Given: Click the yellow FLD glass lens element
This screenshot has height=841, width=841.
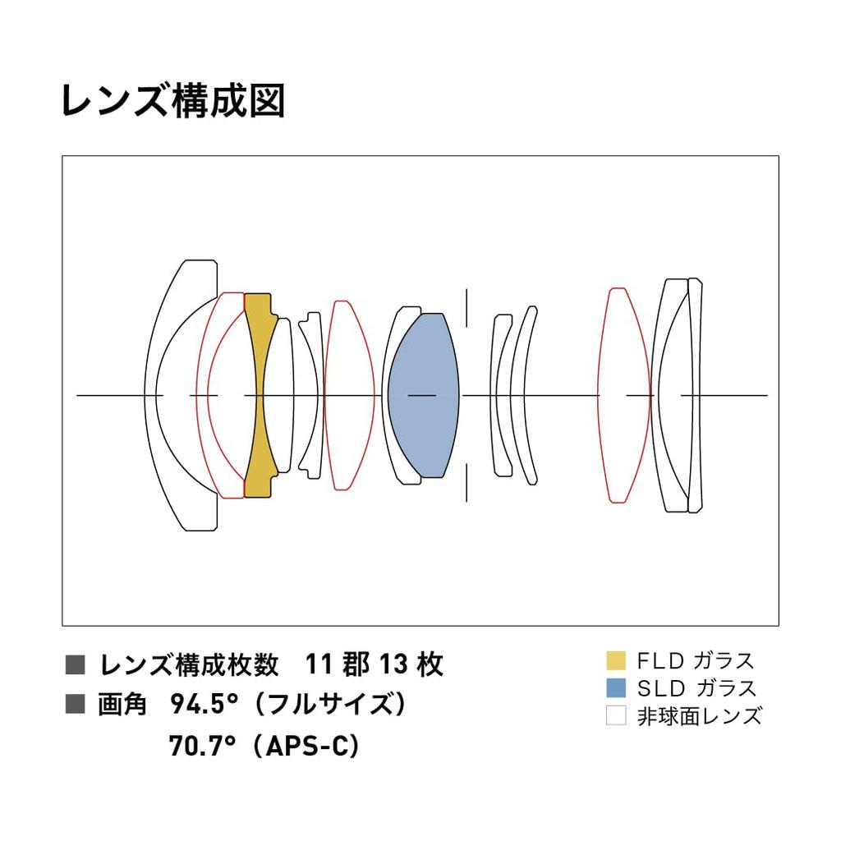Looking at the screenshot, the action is [x=258, y=395].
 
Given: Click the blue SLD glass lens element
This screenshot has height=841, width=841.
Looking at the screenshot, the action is [x=423, y=395].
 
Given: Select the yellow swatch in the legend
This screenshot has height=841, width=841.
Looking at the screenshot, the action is [x=616, y=660].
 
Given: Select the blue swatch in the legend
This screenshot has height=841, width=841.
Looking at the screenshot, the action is [x=616, y=687].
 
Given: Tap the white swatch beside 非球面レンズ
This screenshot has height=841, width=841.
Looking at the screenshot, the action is [x=616, y=715].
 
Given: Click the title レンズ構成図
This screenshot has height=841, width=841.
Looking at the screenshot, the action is [x=172, y=100].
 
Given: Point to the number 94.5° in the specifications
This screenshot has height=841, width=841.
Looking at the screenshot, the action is [x=204, y=704].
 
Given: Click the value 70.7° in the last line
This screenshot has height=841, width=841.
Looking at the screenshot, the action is [x=202, y=745].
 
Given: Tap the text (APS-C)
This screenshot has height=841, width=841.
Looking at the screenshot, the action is [x=306, y=745].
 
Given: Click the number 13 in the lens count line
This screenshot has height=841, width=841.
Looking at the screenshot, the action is [x=394, y=664].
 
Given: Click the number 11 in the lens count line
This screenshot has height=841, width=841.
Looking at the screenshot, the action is [x=319, y=664].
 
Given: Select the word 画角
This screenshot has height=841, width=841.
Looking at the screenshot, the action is [x=122, y=704].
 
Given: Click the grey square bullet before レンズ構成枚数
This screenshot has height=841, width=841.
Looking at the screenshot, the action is [x=75, y=664].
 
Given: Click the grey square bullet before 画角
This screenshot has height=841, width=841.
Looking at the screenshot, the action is [x=75, y=704].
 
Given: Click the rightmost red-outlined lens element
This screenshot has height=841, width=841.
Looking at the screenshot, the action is [x=624, y=395].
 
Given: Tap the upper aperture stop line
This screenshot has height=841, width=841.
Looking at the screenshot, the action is [x=466, y=308].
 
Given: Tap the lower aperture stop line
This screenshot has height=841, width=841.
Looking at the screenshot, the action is [x=466, y=483].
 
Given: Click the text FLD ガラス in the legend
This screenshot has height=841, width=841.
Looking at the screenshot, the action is [x=696, y=661].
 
